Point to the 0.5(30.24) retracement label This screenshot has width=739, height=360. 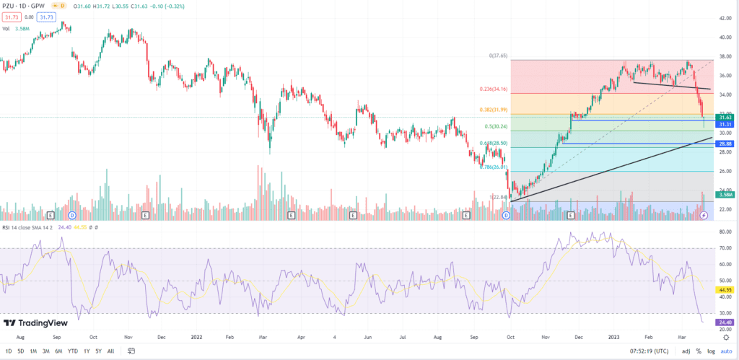pos(498,126)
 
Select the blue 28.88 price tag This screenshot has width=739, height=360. pos(725,144)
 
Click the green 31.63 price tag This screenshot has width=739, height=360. pos(725,117)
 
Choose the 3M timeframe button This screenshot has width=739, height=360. pos(45,351)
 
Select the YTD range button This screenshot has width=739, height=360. pos(73,351)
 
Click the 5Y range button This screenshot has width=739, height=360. pos(99,351)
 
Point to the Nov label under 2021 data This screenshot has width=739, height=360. pos(128,336)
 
